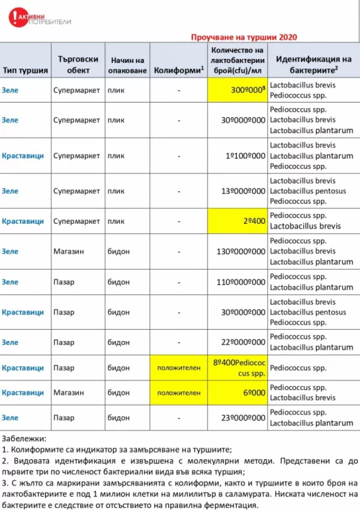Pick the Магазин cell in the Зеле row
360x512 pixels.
point(69,251)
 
